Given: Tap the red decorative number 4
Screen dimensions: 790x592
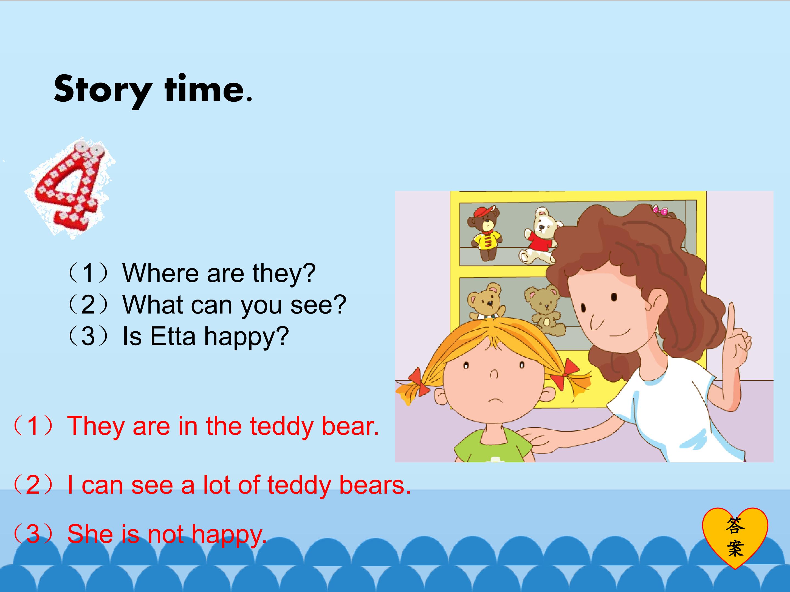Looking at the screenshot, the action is tap(70, 187).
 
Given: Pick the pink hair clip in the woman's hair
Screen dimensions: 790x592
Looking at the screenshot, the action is tap(661, 211).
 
